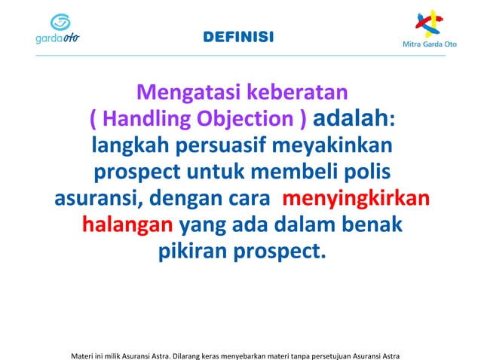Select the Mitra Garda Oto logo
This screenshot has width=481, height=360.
pyautogui.click(x=430, y=30)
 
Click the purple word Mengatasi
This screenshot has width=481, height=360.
pyautogui.click(x=188, y=93)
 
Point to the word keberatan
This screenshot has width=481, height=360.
pyautogui.click(x=296, y=93)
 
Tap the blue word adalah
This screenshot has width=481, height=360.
pyautogui.click(x=350, y=119)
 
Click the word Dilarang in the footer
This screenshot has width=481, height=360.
pyautogui.click(x=189, y=354)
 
